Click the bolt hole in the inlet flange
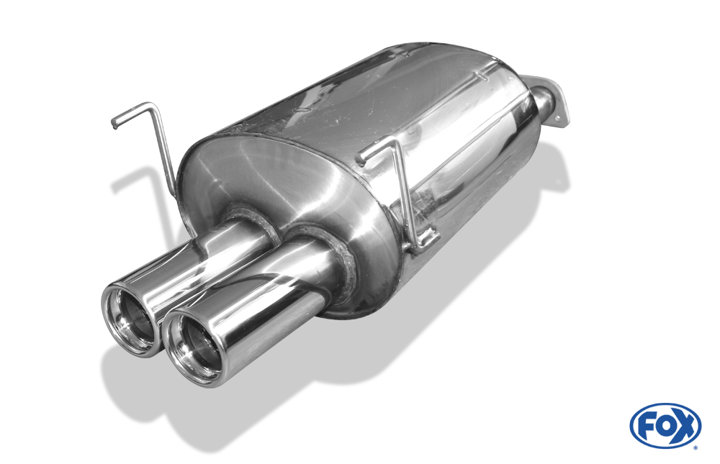click(x=558, y=119)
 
